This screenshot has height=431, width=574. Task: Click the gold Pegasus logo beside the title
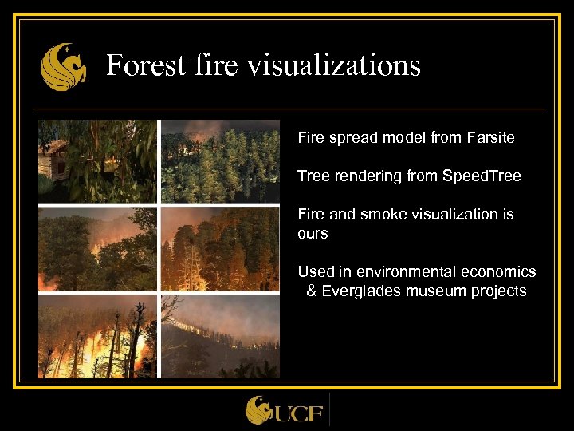coord(64,67)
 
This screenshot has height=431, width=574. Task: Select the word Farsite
coord(489,137)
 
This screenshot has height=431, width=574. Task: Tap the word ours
coord(313,233)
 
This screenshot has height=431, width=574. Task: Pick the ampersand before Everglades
coord(312,291)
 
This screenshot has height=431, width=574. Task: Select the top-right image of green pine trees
coord(220,161)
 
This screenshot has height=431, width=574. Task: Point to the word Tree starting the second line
coord(313,176)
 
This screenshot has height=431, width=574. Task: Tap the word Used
coord(315,271)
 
